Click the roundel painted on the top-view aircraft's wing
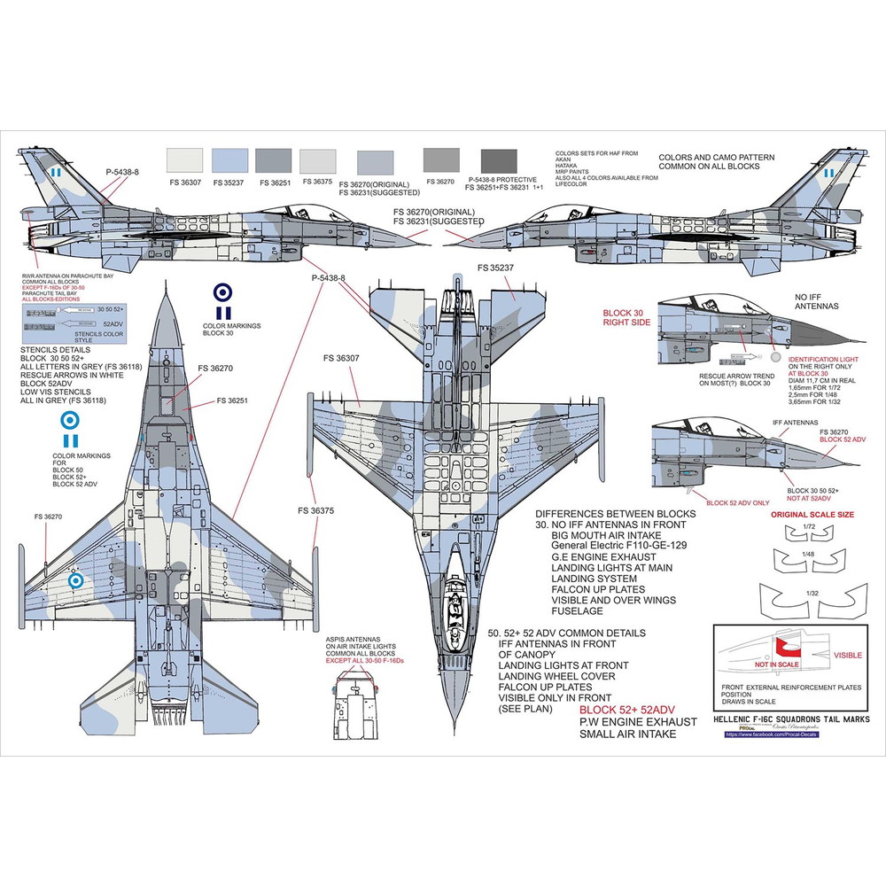(x=78, y=582)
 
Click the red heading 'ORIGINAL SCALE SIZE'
(x=812, y=514)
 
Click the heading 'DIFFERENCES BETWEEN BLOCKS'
(x=616, y=514)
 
